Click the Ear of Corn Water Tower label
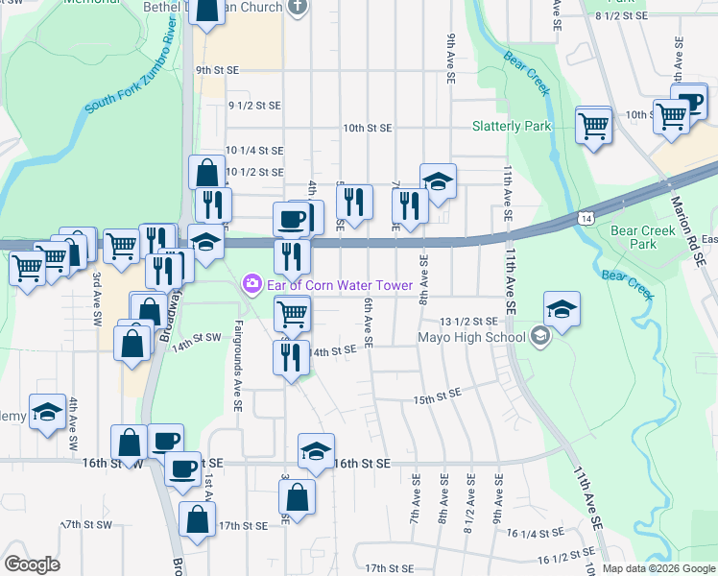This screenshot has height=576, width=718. [x=340, y=284]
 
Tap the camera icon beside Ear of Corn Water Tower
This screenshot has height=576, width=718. [x=252, y=283]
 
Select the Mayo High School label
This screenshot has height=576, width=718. [x=470, y=337]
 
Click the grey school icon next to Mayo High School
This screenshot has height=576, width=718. [x=539, y=336]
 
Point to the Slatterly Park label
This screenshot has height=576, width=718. [x=512, y=126]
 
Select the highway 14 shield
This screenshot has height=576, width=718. [x=586, y=219]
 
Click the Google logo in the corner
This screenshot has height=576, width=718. [x=32, y=564]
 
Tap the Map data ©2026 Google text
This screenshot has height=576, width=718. [x=658, y=567]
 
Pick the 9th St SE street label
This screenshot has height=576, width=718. [x=217, y=70]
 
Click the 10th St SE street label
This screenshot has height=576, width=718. [x=368, y=128]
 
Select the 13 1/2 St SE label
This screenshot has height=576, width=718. [x=469, y=320]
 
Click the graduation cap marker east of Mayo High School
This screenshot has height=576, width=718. [x=562, y=309]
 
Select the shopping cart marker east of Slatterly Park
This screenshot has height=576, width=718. [x=594, y=125]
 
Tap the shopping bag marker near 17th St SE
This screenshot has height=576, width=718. [x=198, y=520]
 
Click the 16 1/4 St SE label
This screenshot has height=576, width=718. [x=536, y=534]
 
